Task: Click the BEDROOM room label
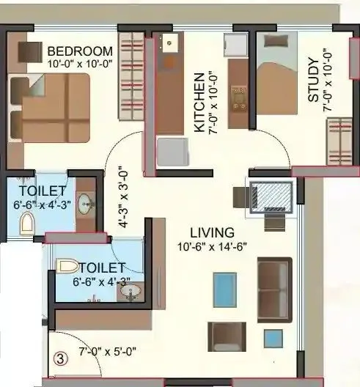(80, 51)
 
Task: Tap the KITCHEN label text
(199, 103)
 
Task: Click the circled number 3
(59, 360)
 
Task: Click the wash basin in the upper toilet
(86, 202)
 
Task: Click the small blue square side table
(273, 338)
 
